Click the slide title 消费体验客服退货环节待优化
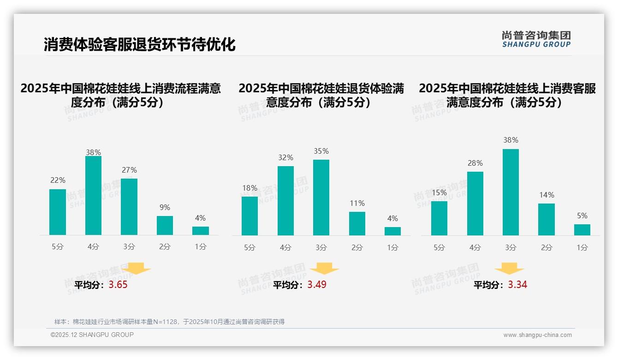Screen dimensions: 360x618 139,44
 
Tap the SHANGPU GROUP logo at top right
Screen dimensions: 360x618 536,39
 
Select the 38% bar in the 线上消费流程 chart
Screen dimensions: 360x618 93,196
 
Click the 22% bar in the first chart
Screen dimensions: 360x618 58,212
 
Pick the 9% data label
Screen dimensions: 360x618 165,208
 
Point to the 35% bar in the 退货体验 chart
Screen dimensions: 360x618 321,198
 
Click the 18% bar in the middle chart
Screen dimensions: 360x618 250,216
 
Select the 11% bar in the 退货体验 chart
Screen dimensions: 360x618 357,224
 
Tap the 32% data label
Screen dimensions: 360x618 285,158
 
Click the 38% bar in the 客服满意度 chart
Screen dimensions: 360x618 511,192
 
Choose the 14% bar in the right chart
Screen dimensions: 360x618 547,219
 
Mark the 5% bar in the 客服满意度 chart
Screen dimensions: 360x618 582,230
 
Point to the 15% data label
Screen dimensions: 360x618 439,192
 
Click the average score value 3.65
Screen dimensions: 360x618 118,285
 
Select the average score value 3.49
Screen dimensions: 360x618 317,285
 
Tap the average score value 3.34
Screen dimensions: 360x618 517,285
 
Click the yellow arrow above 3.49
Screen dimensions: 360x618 324,269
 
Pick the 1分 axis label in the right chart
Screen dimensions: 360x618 582,247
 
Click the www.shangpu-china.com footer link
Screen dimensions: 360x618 537,335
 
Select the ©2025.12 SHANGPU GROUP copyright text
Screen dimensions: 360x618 92,335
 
